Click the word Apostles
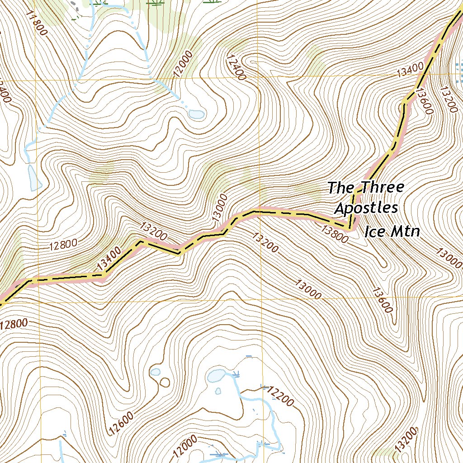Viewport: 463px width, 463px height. pos(366,208)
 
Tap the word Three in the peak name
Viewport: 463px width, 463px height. pos(381,187)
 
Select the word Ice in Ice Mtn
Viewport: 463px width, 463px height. pos(373,232)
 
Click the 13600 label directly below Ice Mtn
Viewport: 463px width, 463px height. pos(382,299)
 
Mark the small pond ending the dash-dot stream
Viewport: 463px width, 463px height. pos(197,114)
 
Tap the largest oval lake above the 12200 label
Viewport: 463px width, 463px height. pos(216,375)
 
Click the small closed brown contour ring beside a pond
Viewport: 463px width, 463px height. pos(165,382)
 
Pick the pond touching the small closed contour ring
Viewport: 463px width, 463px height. pos(155,372)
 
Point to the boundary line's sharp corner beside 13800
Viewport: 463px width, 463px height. pos(349,228)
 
